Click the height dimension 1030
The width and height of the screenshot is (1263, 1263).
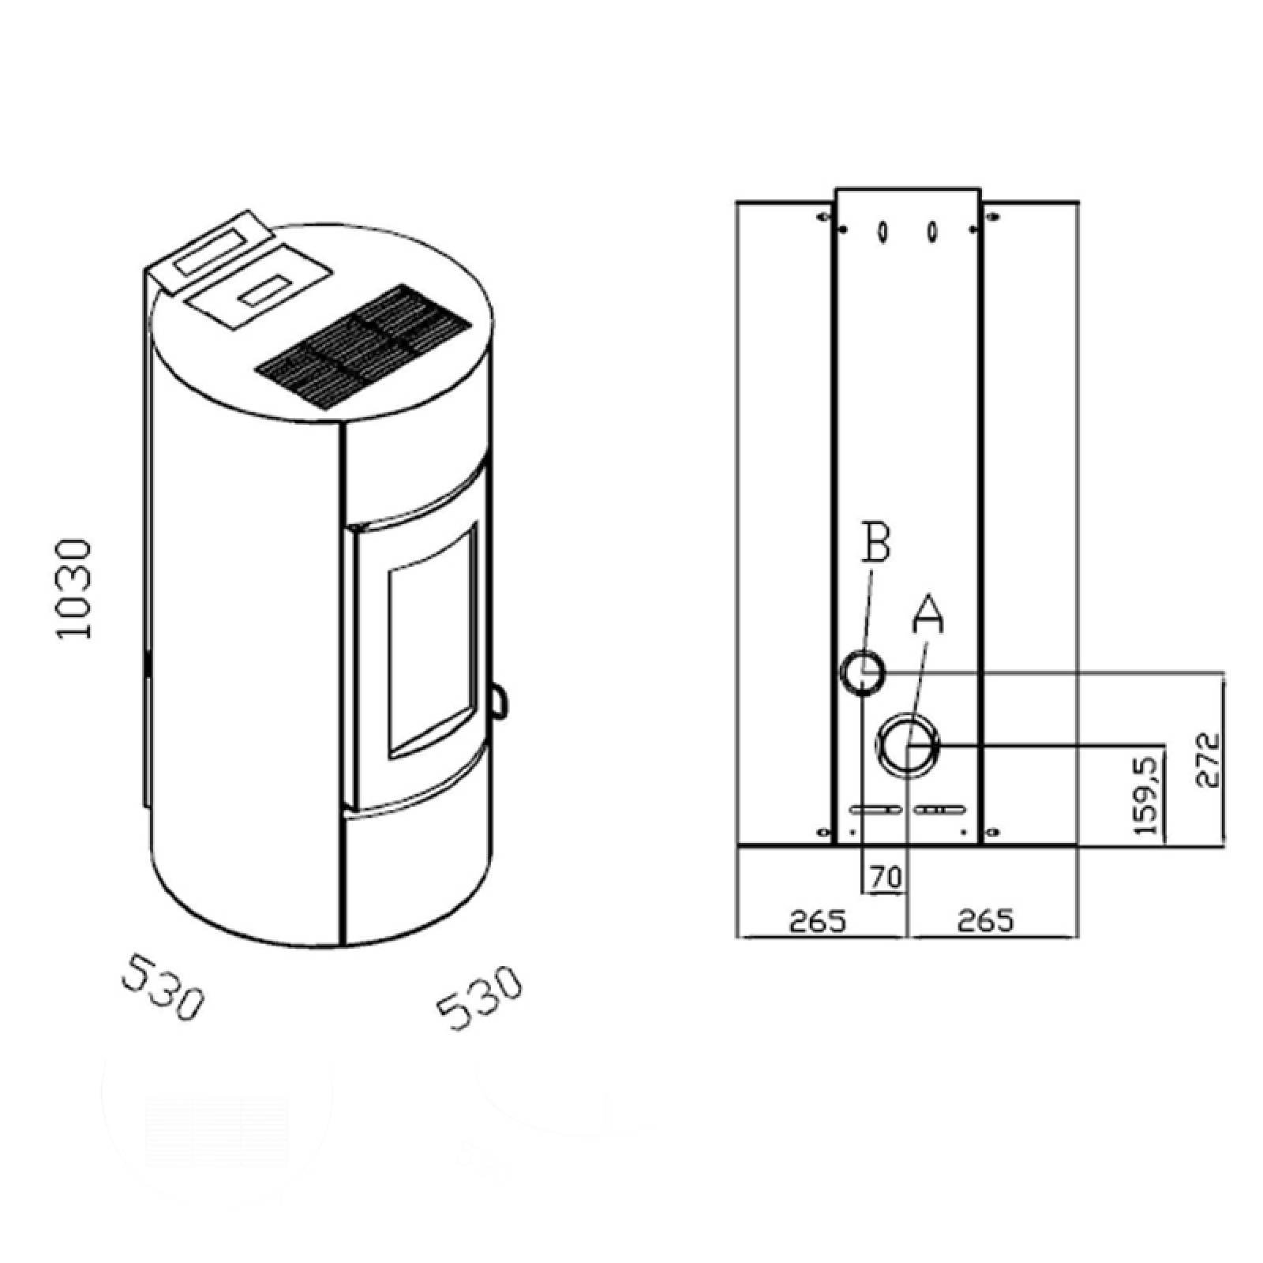click(x=76, y=589)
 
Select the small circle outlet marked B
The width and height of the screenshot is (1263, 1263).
click(x=861, y=673)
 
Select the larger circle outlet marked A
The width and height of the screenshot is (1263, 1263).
click(x=909, y=744)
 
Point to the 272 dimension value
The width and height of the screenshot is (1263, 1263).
click(x=1206, y=760)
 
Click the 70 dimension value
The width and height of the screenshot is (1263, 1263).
click(x=885, y=877)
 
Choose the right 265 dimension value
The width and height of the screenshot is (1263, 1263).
click(x=985, y=920)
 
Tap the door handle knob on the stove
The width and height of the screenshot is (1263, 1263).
click(x=498, y=700)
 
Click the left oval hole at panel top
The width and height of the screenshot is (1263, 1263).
click(x=883, y=231)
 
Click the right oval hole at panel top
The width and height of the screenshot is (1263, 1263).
click(x=933, y=231)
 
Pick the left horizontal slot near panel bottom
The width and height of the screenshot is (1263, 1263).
click(x=875, y=810)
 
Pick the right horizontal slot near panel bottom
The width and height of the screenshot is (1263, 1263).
click(x=941, y=810)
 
